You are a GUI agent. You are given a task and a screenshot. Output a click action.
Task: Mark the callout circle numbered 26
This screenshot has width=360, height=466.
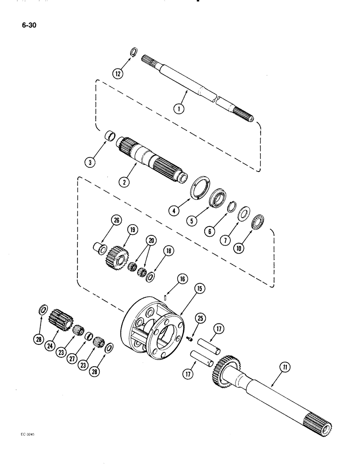(116, 219)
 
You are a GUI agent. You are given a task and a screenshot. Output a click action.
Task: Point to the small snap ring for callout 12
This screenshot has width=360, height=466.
(133, 52)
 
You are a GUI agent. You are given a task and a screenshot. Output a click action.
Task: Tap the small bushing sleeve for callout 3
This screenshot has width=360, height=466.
(111, 138)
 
